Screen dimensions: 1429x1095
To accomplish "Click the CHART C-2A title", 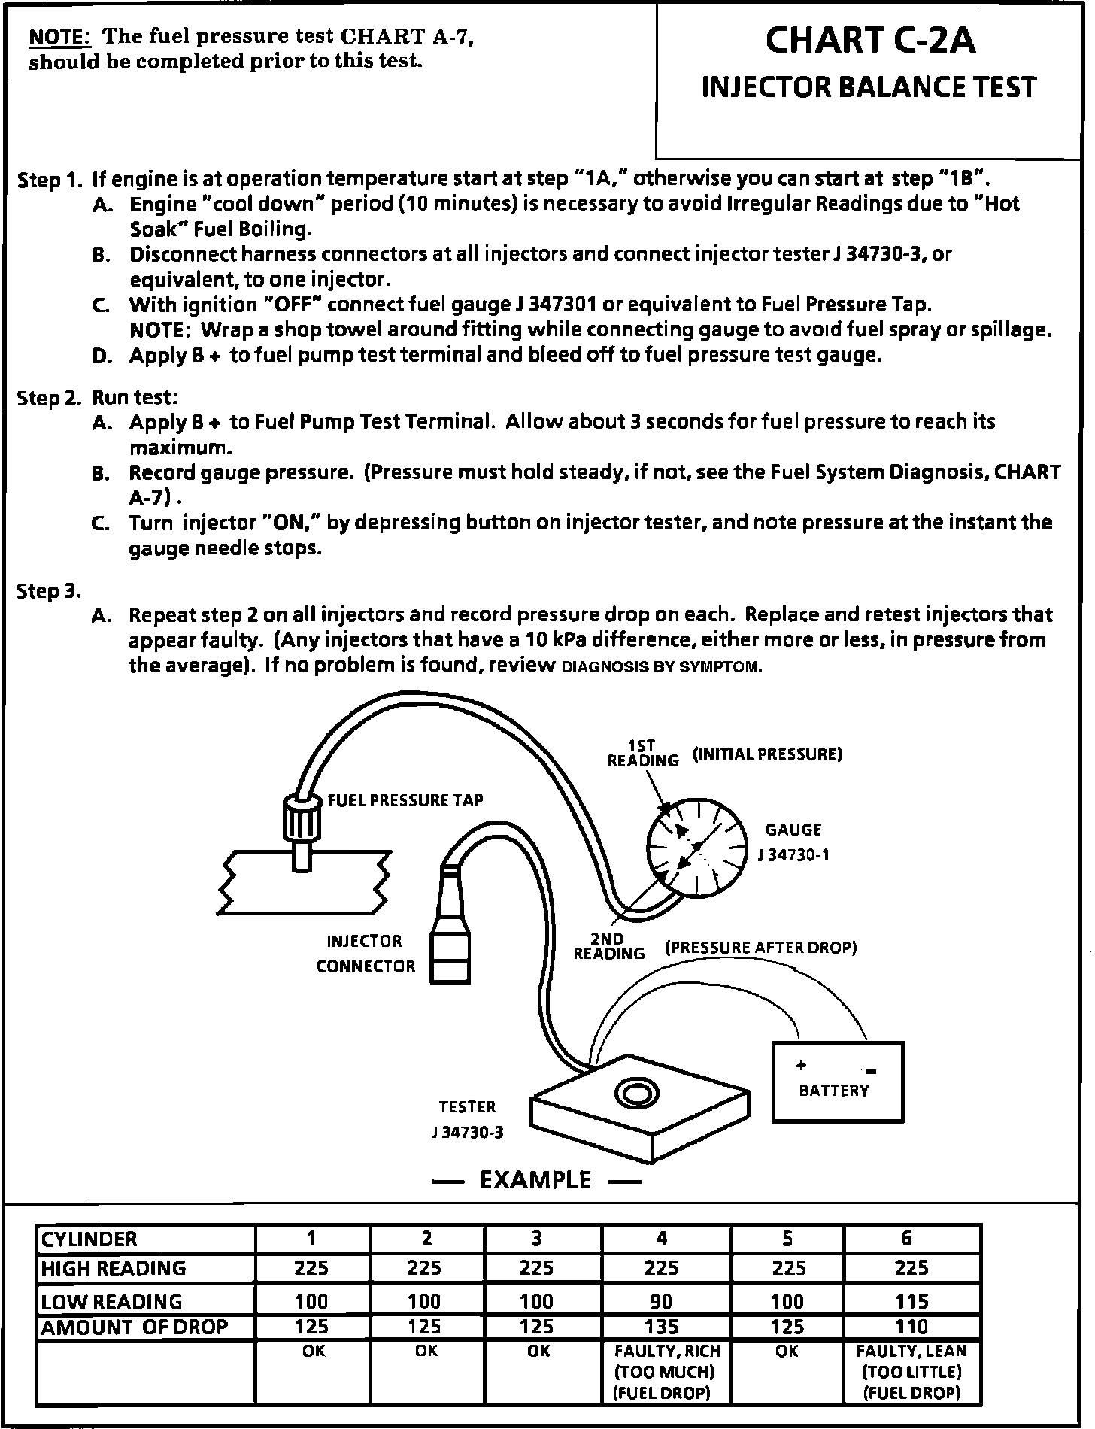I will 869,41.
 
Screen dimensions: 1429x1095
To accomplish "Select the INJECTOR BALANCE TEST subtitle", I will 869,87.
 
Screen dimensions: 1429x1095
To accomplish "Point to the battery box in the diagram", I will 838,1082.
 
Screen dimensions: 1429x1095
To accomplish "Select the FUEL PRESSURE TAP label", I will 405,800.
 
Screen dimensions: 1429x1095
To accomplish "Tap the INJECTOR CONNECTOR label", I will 366,954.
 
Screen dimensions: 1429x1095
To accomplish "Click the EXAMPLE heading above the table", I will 535,1179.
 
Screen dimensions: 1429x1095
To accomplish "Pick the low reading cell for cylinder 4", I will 661,1301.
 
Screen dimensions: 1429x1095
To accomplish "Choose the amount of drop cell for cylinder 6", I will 911,1327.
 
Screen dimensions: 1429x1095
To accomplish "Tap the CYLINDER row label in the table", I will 89,1239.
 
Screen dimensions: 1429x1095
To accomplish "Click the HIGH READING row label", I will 113,1268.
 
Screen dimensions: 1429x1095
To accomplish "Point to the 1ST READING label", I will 642,753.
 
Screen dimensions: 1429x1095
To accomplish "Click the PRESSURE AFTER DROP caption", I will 761,948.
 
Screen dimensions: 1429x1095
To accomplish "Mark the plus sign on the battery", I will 801,1065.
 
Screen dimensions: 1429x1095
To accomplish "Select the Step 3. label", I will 49,591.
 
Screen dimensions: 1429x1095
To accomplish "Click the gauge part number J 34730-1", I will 793,855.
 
